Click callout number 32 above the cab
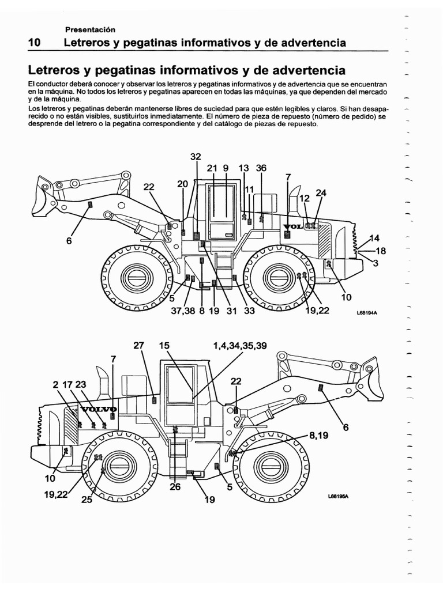click(x=196, y=157)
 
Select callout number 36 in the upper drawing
click(x=261, y=168)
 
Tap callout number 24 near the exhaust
click(x=321, y=193)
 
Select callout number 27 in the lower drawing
click(x=138, y=346)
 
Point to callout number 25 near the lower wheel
click(x=86, y=500)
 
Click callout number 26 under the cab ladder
click(x=175, y=487)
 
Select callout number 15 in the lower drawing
click(x=165, y=346)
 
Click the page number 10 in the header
click(x=33, y=43)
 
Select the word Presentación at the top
click(x=91, y=29)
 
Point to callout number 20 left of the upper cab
click(x=183, y=184)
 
